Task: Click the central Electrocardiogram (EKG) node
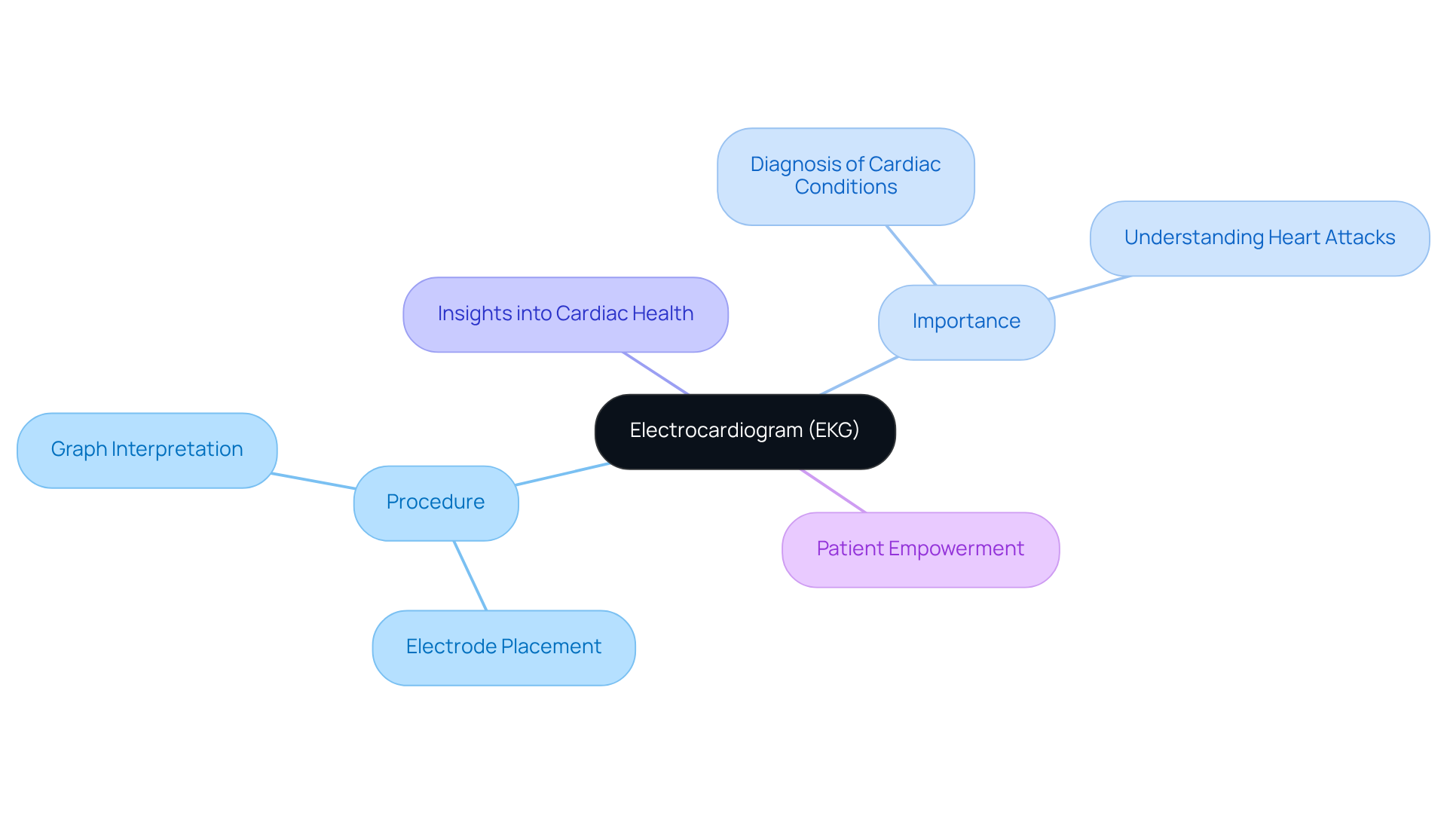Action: [x=745, y=432]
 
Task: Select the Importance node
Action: [x=966, y=322]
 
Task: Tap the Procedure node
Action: [x=436, y=503]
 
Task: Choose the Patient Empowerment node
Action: [x=920, y=549]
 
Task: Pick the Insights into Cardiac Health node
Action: [x=565, y=314]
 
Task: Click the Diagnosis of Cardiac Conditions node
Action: [x=846, y=176]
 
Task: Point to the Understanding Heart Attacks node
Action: [x=1259, y=238]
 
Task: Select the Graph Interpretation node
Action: [x=147, y=450]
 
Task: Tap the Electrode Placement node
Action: [x=503, y=647]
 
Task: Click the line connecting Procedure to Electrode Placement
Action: [x=470, y=576]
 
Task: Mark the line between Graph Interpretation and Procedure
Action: [x=314, y=481]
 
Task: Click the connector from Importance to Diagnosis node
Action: [x=911, y=255]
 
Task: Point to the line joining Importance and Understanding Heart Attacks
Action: [x=1090, y=288]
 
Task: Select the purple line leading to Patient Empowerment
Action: [x=833, y=491]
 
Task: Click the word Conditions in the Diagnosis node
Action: [x=846, y=187]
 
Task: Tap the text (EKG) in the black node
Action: [x=834, y=430]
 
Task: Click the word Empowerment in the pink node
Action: [x=956, y=549]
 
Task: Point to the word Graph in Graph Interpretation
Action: [x=78, y=450]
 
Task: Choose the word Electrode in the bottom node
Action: [x=451, y=646]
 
